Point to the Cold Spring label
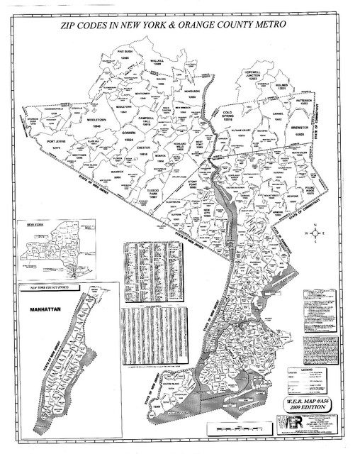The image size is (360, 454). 227,115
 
